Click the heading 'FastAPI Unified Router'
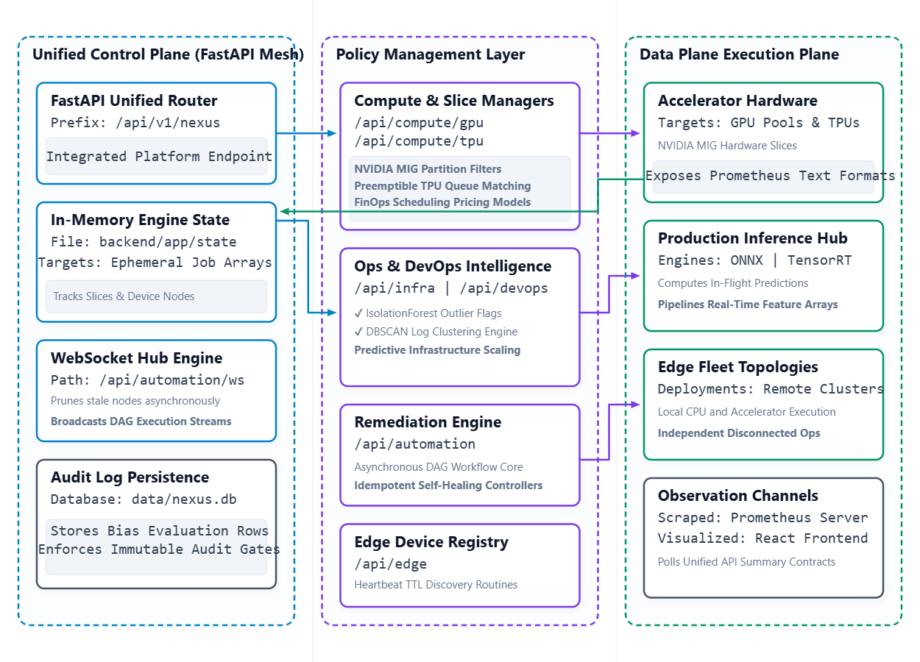tap(134, 101)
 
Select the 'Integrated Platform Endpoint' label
tap(159, 157)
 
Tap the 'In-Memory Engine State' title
tap(140, 220)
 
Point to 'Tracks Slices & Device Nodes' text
tap(124, 296)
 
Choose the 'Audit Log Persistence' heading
tap(130, 477)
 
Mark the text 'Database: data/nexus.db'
tap(144, 499)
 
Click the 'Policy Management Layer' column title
tap(430, 54)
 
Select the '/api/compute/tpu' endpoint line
tap(419, 140)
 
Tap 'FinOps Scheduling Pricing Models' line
tap(442, 202)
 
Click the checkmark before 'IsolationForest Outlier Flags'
tap(358, 313)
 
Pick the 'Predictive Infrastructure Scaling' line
tap(437, 349)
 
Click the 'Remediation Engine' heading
tap(428, 422)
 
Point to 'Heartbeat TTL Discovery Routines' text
tap(436, 585)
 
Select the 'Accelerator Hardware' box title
tap(737, 101)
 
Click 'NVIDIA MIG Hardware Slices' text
tap(727, 146)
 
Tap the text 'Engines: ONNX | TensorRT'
tap(754, 260)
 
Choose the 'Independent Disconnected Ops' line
tap(738, 433)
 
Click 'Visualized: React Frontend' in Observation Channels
tap(762, 538)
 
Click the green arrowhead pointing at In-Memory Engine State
tap(284, 211)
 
